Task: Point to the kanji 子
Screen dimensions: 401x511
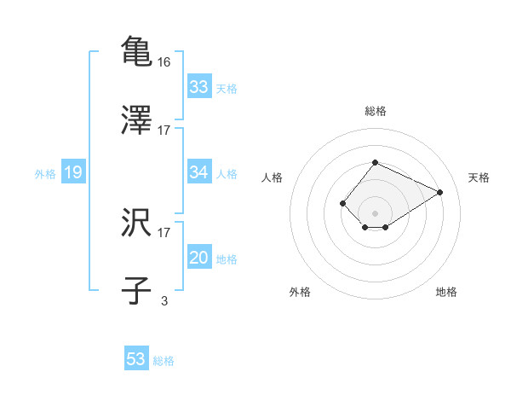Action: pos(136,290)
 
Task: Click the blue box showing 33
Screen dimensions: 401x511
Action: pos(198,87)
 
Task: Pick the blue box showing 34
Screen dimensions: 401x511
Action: pos(198,172)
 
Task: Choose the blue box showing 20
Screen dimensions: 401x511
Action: pos(198,258)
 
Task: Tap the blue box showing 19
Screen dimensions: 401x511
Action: pos(72,172)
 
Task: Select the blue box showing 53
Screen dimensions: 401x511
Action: pos(136,359)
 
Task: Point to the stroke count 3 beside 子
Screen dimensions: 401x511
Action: pos(164,300)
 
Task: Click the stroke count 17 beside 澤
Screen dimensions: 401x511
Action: pos(164,131)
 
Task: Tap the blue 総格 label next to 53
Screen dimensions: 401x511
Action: pos(164,361)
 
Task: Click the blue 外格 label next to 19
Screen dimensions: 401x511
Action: pos(45,174)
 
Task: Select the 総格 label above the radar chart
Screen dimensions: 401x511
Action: pos(375,111)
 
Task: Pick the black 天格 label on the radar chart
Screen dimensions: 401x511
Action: pos(479,177)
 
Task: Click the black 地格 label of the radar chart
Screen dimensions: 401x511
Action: pos(446,292)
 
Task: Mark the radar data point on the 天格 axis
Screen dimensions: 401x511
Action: pos(440,192)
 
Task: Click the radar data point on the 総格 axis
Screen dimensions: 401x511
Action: pos(375,162)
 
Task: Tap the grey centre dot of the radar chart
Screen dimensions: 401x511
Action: pos(375,212)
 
